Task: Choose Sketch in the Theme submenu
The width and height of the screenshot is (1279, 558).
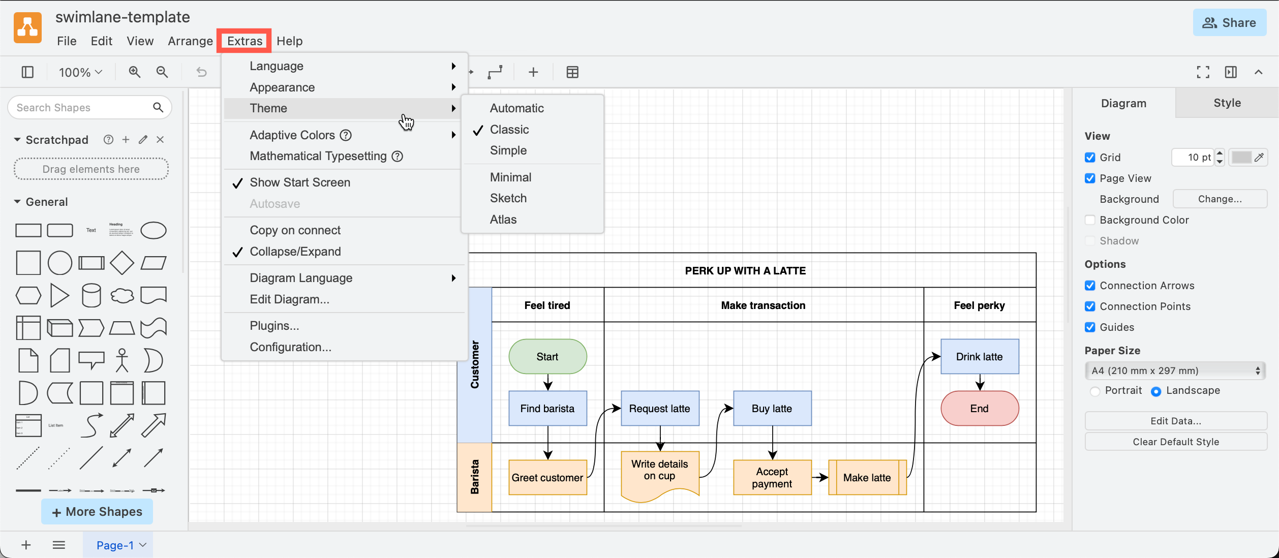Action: (508, 198)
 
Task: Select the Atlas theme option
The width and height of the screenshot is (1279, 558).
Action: (503, 220)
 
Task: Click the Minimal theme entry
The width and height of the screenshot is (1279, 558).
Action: (510, 177)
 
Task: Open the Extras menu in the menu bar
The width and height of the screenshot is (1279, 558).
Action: (245, 41)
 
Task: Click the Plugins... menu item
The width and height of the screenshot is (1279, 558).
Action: (274, 326)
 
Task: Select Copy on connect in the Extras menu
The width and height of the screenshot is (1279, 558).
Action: (295, 230)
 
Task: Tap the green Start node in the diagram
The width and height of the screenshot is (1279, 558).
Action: (547, 357)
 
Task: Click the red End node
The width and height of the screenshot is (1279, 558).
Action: (979, 409)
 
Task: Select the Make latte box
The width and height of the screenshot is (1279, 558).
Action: (866, 478)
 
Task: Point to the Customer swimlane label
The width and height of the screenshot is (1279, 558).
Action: (474, 365)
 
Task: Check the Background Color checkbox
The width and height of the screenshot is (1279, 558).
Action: (1090, 220)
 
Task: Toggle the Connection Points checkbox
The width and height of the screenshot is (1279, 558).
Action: (1090, 306)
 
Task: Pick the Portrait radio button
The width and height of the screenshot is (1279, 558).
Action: (1095, 391)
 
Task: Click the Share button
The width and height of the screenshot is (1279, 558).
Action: (1229, 23)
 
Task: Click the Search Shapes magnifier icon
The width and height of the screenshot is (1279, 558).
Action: (158, 108)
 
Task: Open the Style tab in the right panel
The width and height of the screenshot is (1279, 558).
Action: (1227, 103)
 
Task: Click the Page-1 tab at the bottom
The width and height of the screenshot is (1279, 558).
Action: (115, 545)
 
